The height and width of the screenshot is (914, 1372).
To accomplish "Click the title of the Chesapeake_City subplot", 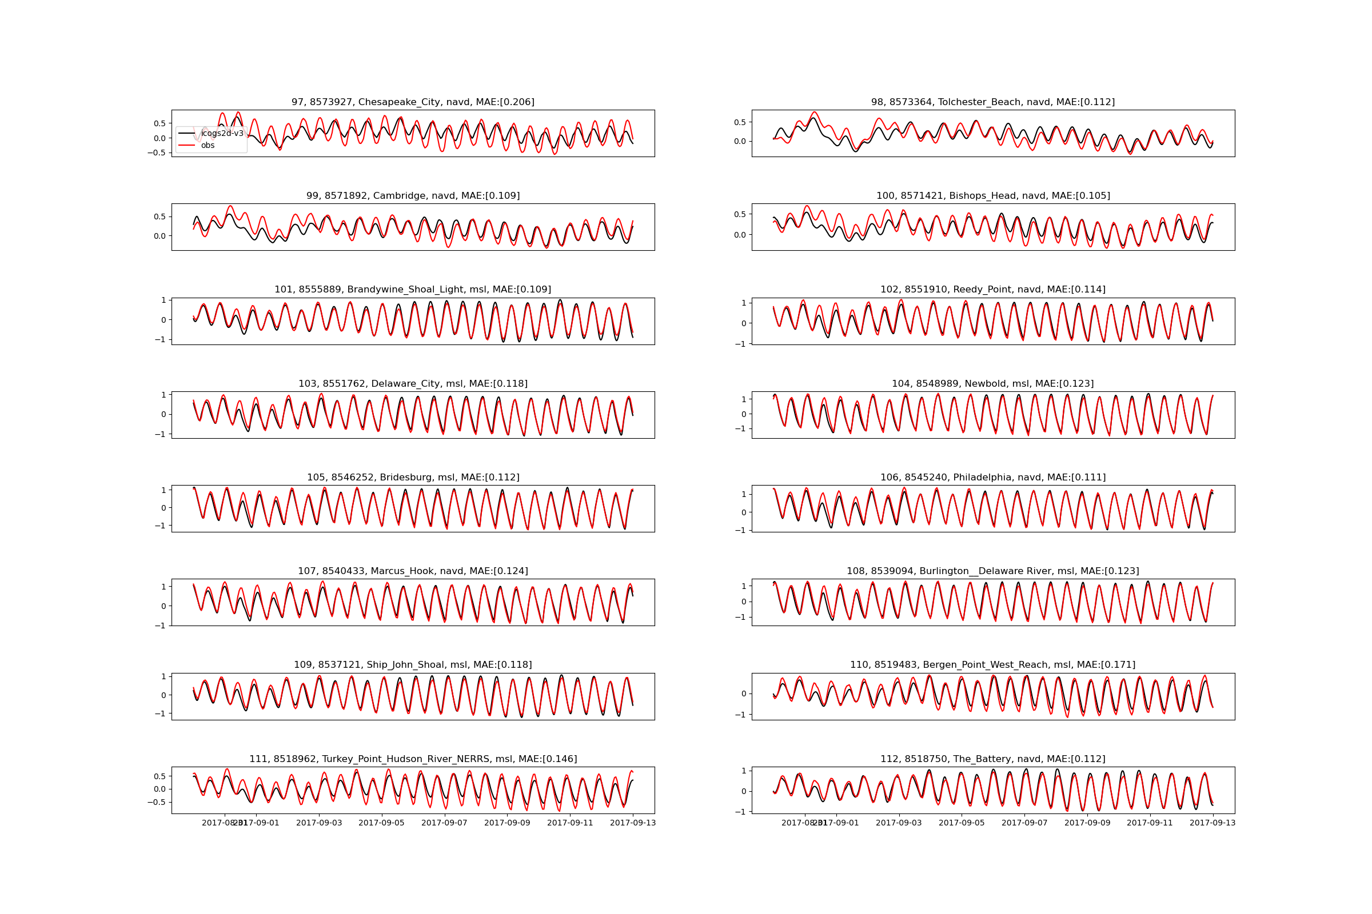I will (412, 102).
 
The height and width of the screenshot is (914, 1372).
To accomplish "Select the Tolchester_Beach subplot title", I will (993, 102).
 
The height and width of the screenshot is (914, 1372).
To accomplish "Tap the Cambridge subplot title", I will (412, 196).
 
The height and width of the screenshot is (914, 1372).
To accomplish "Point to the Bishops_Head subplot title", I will (993, 196).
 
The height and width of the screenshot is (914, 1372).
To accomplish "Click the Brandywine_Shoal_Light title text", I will (412, 290).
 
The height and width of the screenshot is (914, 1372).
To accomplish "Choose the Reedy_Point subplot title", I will (993, 290).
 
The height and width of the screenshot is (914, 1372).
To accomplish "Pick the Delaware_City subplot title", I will (412, 383).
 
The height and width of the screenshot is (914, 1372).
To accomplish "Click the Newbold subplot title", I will (993, 383).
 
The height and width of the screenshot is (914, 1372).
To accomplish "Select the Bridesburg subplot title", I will (412, 478).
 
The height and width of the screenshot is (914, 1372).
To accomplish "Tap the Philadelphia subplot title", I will (993, 478).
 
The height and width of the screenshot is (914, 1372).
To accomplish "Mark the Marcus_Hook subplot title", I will (412, 571).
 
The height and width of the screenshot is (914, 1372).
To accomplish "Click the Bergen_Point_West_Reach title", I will (993, 665).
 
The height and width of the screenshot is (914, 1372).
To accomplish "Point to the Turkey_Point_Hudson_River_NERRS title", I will (412, 759).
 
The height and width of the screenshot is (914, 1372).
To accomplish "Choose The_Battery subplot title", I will (993, 759).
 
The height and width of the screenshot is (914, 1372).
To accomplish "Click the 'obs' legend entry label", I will (208, 146).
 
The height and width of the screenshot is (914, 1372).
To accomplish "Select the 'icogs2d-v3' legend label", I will (222, 134).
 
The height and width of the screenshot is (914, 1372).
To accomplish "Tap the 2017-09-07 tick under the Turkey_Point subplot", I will (445, 823).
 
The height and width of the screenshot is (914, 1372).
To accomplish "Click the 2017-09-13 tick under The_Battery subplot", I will (1213, 823).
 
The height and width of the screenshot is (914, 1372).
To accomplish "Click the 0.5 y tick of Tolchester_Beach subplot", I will (740, 122).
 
